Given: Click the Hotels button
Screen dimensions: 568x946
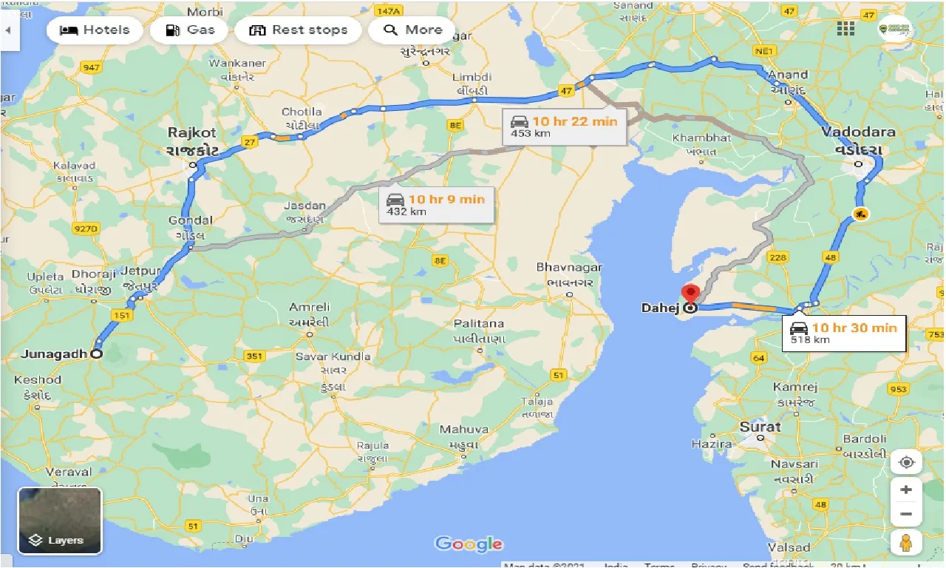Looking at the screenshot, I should tap(94, 30).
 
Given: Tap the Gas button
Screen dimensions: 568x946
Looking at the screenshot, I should tap(190, 30).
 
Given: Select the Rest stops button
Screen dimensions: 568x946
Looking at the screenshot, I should tap(298, 30).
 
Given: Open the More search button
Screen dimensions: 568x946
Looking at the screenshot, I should tap(412, 30).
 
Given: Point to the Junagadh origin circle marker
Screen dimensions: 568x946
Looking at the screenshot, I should tap(96, 354).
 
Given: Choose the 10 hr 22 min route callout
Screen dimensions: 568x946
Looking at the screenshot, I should tap(565, 126).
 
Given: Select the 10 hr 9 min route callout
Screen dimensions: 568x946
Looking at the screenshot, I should tap(437, 204).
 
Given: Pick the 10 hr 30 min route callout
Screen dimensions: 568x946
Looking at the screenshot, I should tap(844, 333).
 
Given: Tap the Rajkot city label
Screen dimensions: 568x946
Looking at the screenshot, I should tap(192, 133).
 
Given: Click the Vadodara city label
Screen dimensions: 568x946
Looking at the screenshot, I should tap(858, 132).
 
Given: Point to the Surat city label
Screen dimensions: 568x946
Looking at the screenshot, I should tap(760, 427).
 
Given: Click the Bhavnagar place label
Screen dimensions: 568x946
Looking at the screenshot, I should tap(569, 267).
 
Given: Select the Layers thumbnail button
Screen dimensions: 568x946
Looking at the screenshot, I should tap(60, 521).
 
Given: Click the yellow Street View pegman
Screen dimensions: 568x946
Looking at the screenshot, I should tap(906, 541).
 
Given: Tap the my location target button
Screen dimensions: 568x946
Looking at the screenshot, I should tap(906, 462).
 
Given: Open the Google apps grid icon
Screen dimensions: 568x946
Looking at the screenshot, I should tap(845, 29).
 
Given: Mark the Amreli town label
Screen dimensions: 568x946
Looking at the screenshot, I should tap(310, 307).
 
